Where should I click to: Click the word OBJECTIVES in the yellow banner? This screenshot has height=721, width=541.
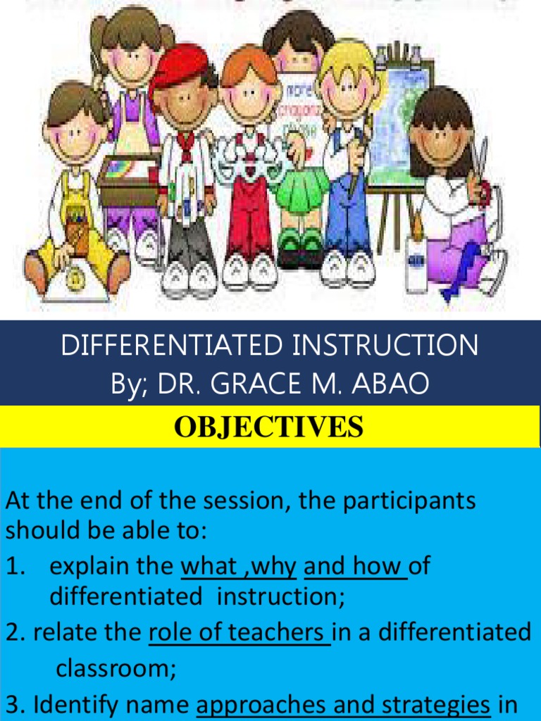[x=270, y=427]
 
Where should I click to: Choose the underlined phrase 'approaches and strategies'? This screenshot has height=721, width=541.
[x=343, y=705]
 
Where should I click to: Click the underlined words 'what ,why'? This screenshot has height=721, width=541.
[x=239, y=565]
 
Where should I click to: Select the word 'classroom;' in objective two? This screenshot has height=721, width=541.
[x=116, y=667]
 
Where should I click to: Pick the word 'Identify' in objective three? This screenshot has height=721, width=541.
[x=74, y=705]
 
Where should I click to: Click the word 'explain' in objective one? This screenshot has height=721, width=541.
[x=90, y=565]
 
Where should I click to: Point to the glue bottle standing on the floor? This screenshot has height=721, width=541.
[x=416, y=264]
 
